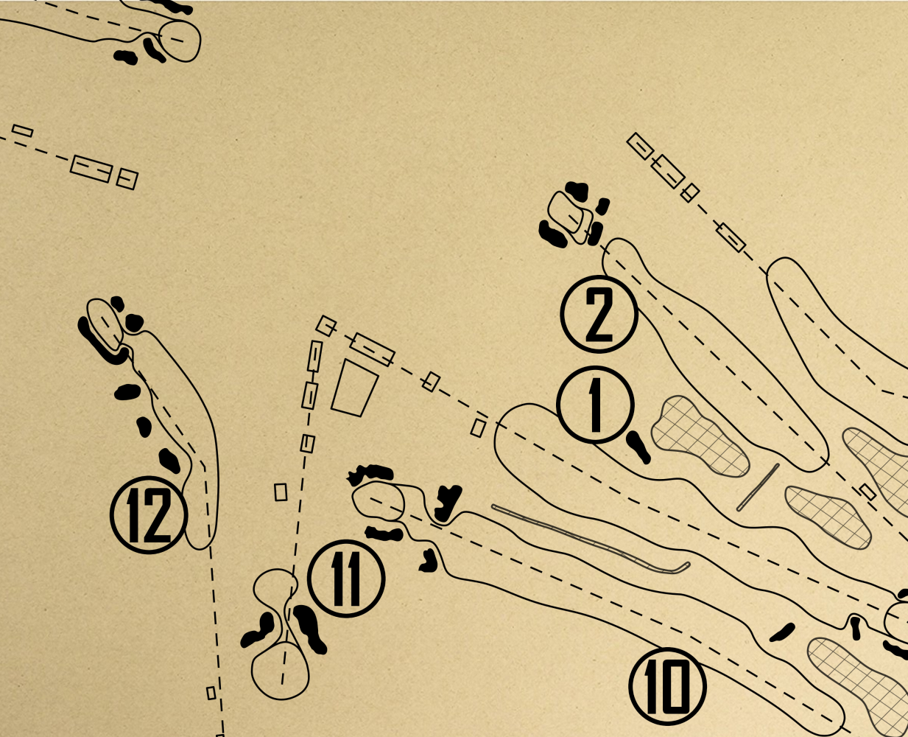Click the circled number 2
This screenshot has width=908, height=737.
(599, 315)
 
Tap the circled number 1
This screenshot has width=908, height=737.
(595, 405)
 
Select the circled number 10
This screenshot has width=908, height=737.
(668, 687)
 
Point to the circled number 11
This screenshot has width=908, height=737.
(346, 579)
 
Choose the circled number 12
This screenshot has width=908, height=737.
(149, 514)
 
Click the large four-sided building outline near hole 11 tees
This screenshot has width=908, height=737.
(355, 388)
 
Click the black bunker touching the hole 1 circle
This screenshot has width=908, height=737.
(638, 447)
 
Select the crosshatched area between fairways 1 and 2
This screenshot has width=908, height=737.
(699, 436)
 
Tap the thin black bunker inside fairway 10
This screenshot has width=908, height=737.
(782, 632)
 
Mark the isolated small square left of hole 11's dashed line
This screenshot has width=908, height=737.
(281, 492)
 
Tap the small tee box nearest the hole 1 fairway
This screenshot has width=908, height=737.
(478, 427)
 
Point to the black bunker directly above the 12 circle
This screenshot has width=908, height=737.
(169, 461)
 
